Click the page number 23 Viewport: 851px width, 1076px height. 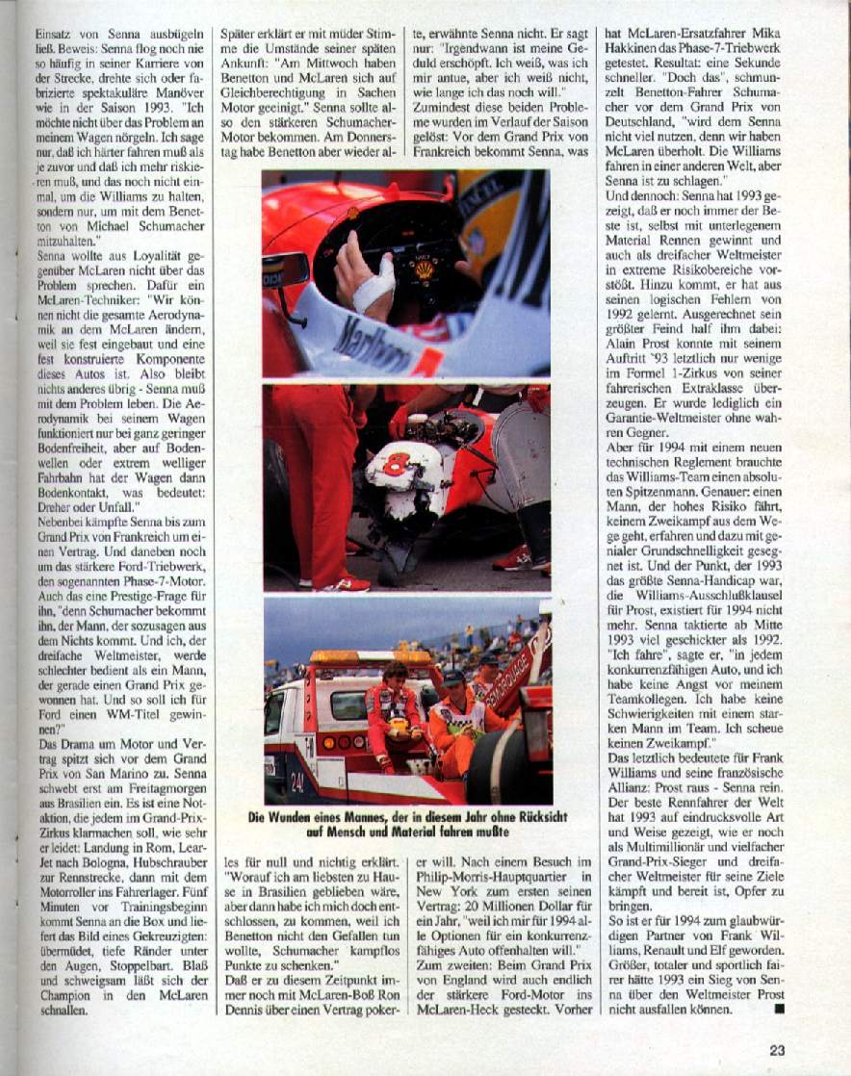tap(779, 1050)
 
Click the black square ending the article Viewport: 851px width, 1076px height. tap(780, 1010)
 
